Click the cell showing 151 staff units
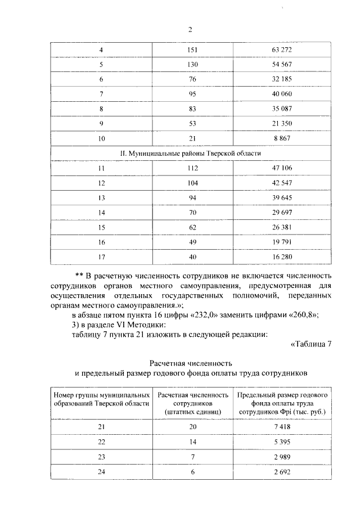click(x=192, y=50)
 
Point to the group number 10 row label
click(x=101, y=138)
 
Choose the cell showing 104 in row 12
click(x=192, y=182)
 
